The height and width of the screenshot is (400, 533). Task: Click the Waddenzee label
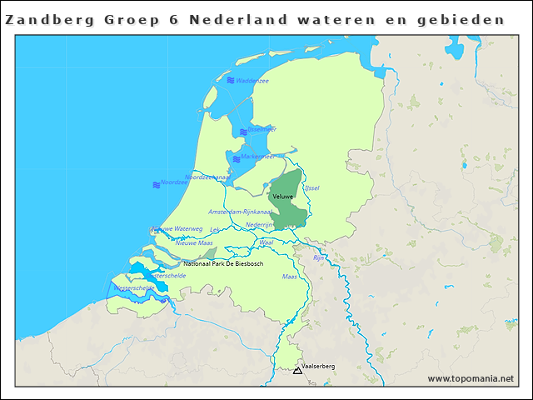252,81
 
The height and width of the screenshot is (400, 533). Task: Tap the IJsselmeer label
261,130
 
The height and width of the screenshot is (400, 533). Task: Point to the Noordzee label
175,182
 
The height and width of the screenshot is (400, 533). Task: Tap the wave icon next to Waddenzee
231,81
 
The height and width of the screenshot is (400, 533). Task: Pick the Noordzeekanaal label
207,177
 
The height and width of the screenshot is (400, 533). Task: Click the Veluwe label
283,196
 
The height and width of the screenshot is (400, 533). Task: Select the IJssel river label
312,188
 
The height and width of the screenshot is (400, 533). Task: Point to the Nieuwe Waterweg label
177,228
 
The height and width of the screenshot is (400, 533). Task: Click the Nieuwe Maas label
194,242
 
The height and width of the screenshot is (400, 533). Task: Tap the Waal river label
266,242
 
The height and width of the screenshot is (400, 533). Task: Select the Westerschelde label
133,287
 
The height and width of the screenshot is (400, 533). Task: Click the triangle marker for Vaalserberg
297,370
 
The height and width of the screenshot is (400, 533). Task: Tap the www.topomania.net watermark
471,379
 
